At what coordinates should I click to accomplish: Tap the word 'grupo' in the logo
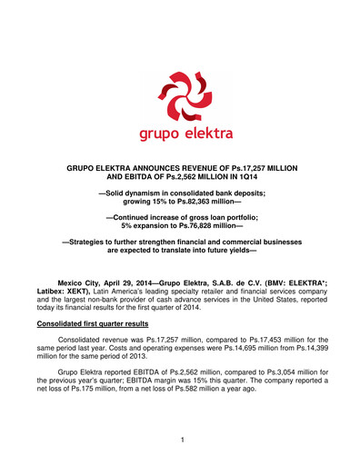point(150,136)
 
